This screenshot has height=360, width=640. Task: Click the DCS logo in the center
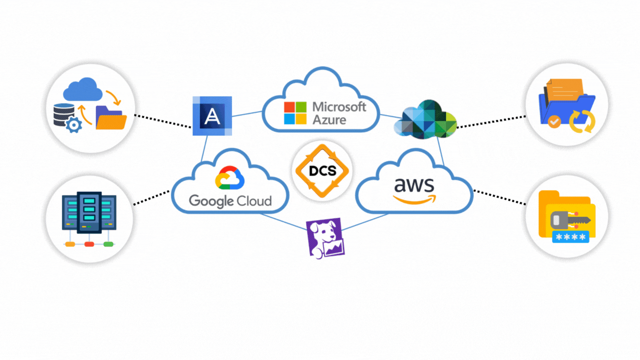point(321,170)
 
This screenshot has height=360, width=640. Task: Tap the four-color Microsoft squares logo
point(295,113)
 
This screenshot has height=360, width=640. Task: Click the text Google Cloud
point(230,201)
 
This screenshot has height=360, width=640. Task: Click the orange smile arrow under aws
point(414,199)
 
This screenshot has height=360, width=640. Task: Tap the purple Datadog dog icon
point(325,237)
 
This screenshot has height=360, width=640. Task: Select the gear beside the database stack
point(73,124)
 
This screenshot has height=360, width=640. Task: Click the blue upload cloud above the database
point(82,90)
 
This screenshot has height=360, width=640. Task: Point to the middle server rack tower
point(89,212)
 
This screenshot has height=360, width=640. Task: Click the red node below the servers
point(89,244)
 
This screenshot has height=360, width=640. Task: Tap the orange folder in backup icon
point(110,118)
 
